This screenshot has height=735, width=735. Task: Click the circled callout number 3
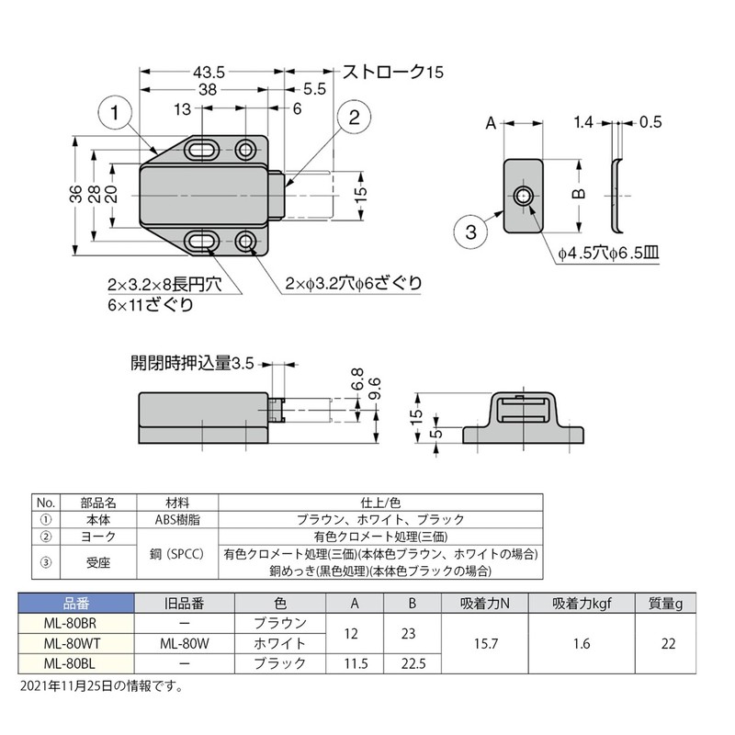point(469,233)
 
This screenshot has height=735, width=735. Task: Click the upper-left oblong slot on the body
point(202,150)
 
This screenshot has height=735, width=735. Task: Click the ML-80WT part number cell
point(76,644)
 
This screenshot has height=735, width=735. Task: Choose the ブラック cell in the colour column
point(279,663)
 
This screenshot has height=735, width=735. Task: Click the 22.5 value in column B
point(412,663)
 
